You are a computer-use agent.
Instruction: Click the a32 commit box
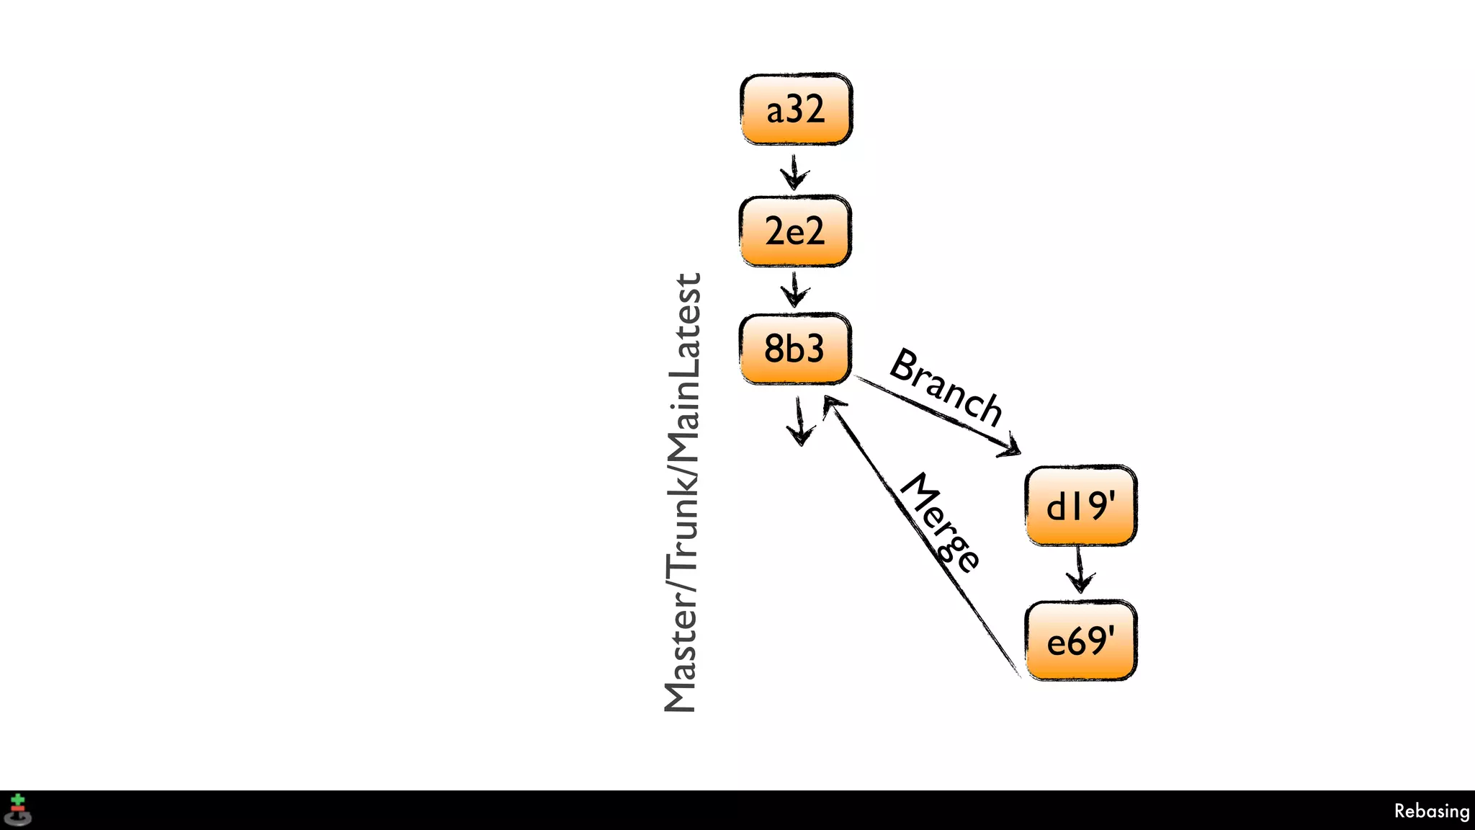(x=796, y=110)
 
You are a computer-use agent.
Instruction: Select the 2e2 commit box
(x=795, y=231)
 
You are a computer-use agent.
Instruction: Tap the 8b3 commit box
(x=795, y=349)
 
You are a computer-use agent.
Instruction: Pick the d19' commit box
(x=1080, y=506)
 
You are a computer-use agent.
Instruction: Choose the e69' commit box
(x=1080, y=641)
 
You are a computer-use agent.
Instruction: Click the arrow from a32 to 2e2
(x=794, y=172)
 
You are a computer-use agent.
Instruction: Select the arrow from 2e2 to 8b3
(x=794, y=290)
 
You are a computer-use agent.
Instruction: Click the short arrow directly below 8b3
(x=799, y=422)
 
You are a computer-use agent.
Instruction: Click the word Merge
(x=941, y=523)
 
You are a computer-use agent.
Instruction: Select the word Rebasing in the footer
(x=1431, y=811)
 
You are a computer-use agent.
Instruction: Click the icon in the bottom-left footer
(x=18, y=810)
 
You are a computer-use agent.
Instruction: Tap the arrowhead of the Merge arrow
(x=832, y=404)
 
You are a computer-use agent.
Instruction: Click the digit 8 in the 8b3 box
(x=774, y=349)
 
